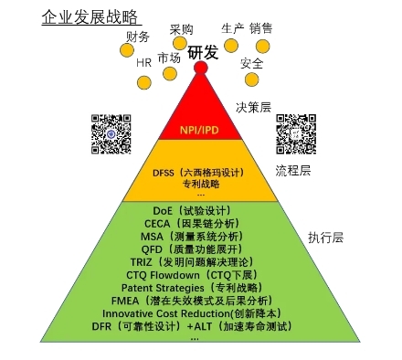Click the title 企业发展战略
pos(90,16)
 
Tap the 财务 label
pos(137,37)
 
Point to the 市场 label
pos(168,58)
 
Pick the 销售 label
pos(260,28)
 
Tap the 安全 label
pos(252,63)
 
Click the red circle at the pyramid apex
pos(200,67)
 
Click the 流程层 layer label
pos(293,170)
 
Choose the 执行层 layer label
pos(325,237)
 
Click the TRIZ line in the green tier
pos(197,260)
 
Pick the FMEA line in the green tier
pos(198,298)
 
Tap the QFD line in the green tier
pos(197,248)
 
